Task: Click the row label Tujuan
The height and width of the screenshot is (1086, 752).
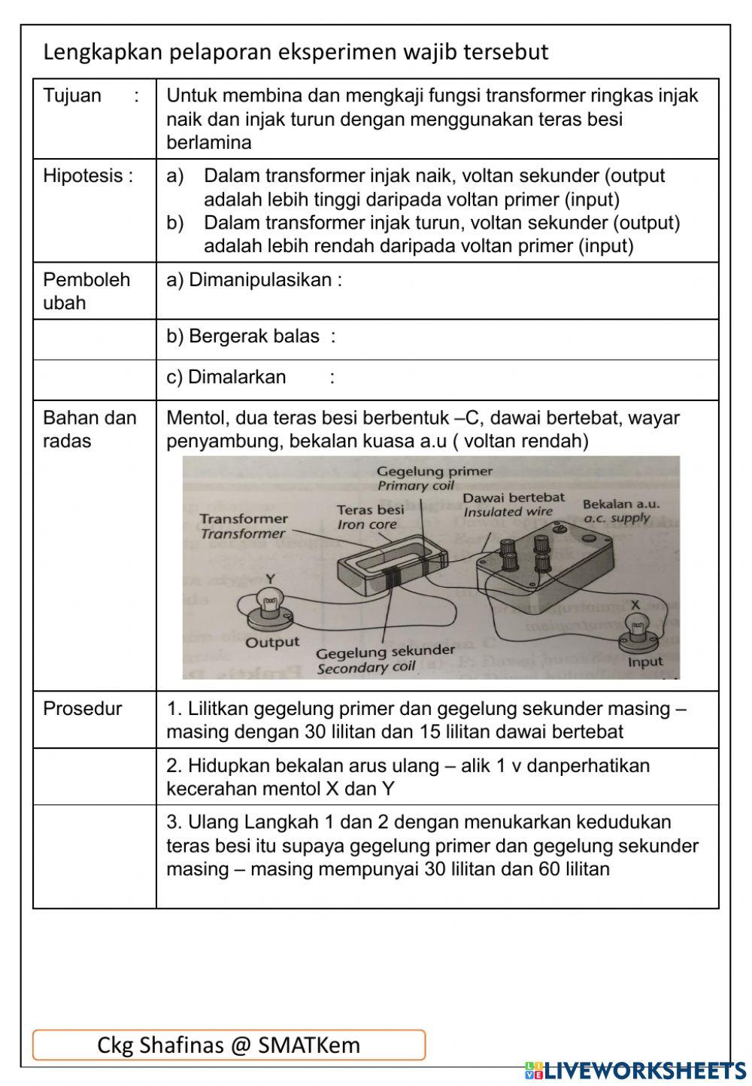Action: tap(72, 96)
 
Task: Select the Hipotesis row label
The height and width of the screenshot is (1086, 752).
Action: tap(88, 176)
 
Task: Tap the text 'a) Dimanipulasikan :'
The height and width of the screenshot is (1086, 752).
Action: tap(254, 280)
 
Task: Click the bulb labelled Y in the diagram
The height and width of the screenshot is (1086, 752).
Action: tap(269, 603)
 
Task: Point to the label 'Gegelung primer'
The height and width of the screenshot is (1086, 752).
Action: tap(435, 472)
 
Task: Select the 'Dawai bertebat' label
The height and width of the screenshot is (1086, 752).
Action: tap(514, 497)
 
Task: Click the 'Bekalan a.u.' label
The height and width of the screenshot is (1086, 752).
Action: tap(620, 503)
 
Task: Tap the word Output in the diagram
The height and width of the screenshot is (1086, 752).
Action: tap(272, 643)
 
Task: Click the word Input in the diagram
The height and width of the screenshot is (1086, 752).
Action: tap(645, 662)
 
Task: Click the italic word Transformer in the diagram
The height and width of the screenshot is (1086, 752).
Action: tap(243, 534)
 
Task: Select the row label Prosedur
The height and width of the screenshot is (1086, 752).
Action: tap(82, 709)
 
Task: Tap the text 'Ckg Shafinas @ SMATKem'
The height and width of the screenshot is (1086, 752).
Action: tap(229, 1045)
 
